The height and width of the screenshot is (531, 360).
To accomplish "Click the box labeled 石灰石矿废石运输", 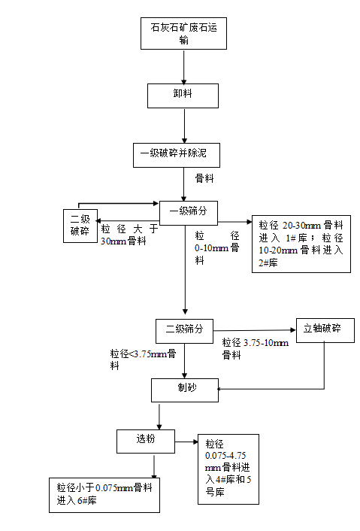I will [183, 35].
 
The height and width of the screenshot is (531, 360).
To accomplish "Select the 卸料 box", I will [183, 96].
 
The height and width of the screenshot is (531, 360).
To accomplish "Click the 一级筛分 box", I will [188, 212].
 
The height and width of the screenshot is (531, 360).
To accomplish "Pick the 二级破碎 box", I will [80, 226].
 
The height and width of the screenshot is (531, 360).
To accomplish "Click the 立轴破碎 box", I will [323, 330].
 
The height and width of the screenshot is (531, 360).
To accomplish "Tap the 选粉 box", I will [146, 440].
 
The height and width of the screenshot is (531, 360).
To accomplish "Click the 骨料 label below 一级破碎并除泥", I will [204, 178].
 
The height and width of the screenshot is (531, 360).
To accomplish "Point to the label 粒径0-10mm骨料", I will [216, 247].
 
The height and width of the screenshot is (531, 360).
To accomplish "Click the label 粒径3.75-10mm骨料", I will [256, 349].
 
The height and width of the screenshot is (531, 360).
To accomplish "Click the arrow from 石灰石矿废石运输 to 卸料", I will [183, 68].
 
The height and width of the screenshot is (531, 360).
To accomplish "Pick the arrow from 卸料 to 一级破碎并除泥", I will [183, 125].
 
